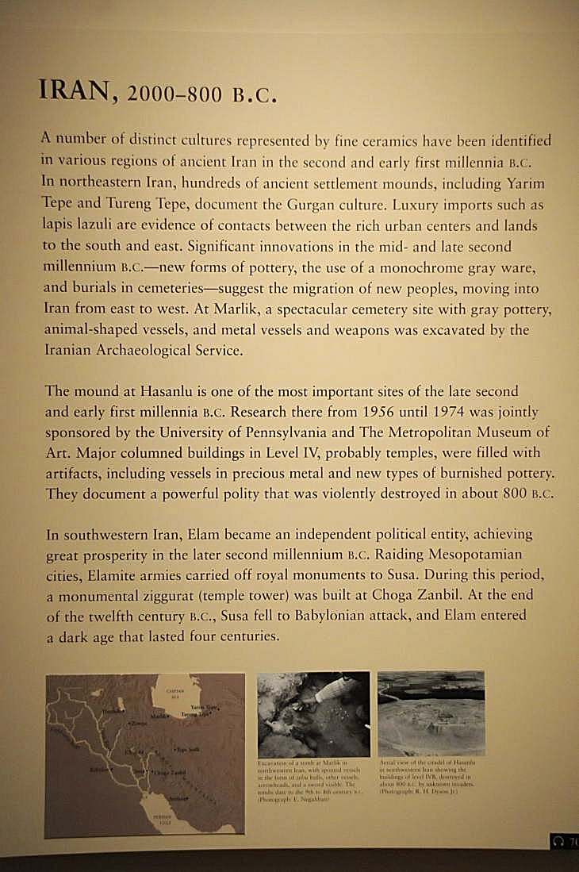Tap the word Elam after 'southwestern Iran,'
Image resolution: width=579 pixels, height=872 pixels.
click(x=202, y=534)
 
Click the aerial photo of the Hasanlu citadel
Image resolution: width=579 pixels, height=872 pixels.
click(x=431, y=713)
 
